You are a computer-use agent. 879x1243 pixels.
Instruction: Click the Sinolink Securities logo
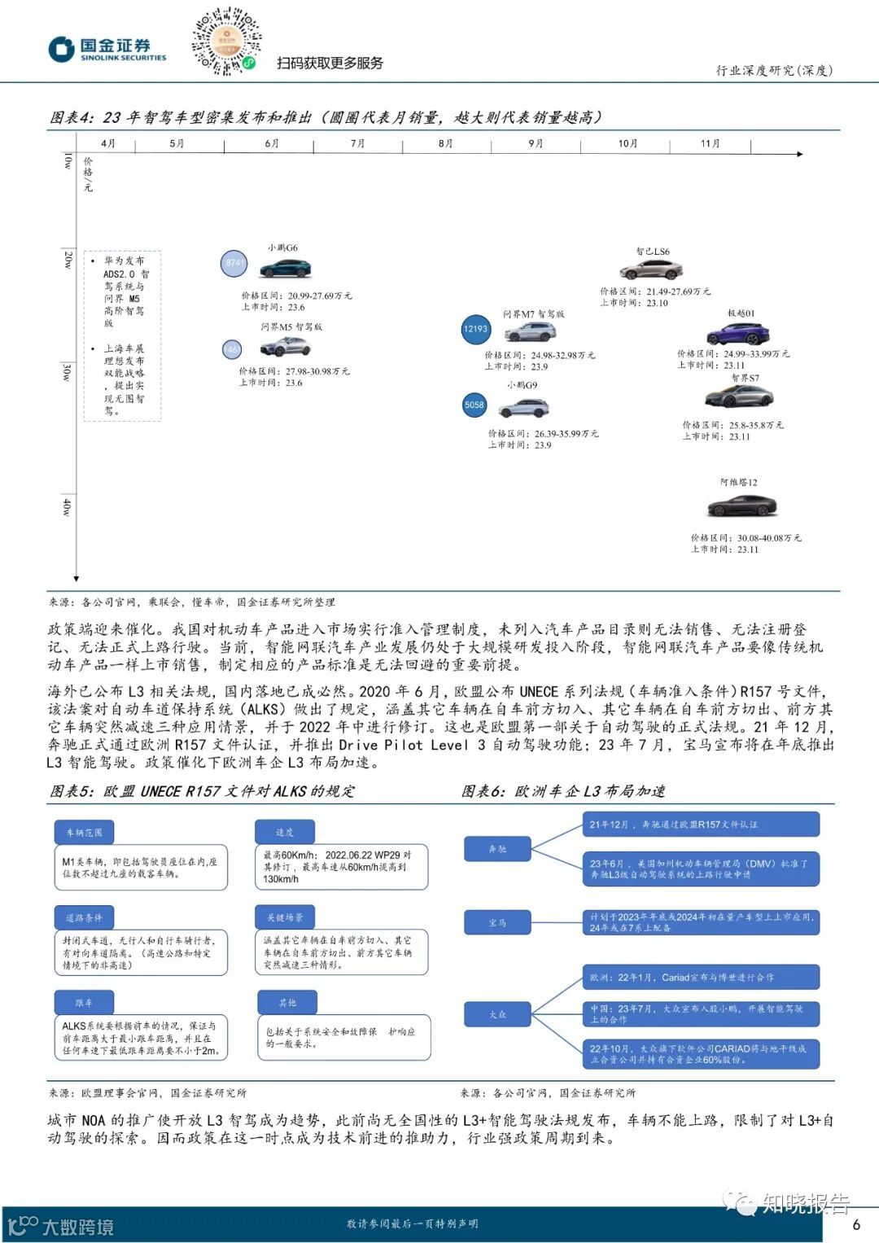107,49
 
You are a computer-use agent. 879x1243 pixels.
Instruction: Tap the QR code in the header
225,42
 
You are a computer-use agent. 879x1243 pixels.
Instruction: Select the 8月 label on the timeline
445,143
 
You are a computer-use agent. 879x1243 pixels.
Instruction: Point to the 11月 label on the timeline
710,143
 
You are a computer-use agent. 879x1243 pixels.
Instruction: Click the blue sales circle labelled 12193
475,329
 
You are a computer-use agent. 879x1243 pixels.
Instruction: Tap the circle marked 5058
474,405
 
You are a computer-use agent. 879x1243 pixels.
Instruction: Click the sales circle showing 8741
234,263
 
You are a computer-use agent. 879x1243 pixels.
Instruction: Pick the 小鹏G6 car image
285,269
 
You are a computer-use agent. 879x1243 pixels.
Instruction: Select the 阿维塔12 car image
741,506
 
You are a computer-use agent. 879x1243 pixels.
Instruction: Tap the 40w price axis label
67,507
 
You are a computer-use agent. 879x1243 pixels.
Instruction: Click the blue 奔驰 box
497,849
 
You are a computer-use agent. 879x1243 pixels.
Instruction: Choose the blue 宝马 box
497,922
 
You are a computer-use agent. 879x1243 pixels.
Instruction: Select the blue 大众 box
497,1014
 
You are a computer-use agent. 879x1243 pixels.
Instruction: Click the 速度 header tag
284,832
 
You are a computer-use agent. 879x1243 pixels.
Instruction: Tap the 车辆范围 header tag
84,832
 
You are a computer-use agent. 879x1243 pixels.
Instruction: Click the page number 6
856,1224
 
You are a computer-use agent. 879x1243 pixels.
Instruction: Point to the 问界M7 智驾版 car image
530,332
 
